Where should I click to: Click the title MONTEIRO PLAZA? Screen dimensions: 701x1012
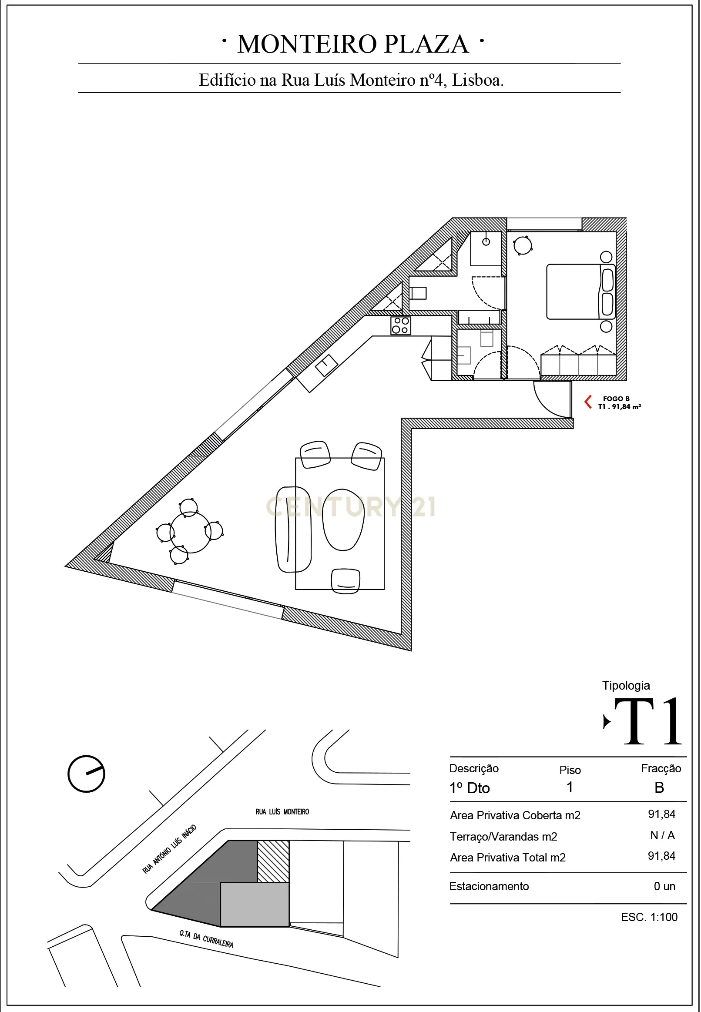tap(353, 44)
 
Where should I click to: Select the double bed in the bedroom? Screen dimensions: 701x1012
tap(580, 292)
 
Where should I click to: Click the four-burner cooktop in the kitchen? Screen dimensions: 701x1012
tap(401, 326)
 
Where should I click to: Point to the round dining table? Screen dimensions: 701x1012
tap(190, 533)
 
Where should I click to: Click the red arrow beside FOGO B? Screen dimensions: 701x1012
tap(588, 402)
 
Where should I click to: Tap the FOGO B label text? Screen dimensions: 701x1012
tap(616, 399)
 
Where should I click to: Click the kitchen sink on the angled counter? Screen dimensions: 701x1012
tap(326, 365)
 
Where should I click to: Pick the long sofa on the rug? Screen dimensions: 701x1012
tap(293, 529)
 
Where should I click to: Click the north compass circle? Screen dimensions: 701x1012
tap(86, 774)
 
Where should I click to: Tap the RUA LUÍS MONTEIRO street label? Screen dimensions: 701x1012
tap(282, 812)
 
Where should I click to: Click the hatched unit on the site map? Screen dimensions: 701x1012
tap(273, 861)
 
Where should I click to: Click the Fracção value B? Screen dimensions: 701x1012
tap(659, 787)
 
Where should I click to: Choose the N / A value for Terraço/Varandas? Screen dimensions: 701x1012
tap(662, 835)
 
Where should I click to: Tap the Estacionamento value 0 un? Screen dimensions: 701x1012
tap(664, 886)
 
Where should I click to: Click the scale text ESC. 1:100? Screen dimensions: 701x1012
tap(649, 917)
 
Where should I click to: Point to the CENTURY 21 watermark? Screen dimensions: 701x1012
tap(351, 507)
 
